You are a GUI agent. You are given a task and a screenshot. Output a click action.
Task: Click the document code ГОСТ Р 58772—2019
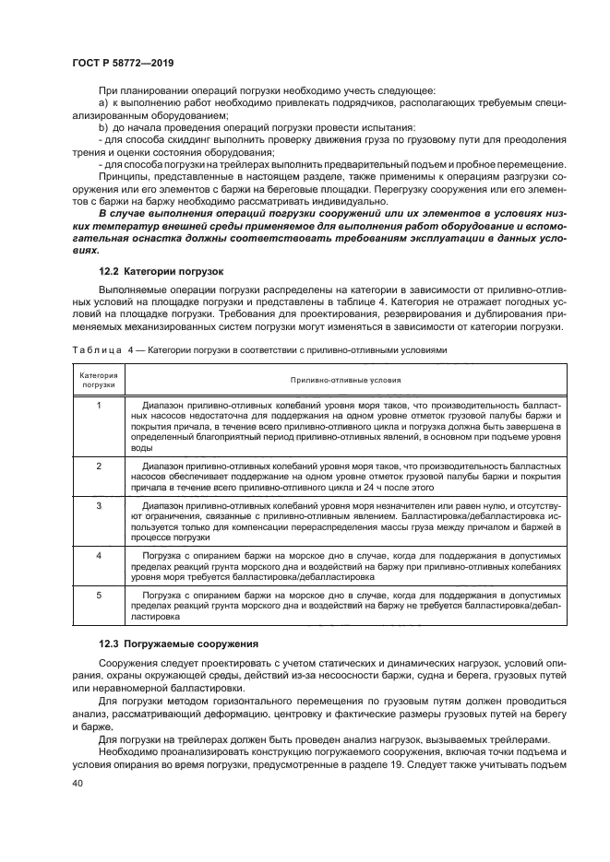click(122, 62)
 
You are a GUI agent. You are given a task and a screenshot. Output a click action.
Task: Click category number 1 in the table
click(99, 406)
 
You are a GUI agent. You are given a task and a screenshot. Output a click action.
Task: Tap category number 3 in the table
click(99, 506)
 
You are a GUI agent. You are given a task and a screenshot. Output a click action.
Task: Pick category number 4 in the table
click(99, 555)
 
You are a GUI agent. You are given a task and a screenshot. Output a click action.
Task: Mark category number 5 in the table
click(99, 596)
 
